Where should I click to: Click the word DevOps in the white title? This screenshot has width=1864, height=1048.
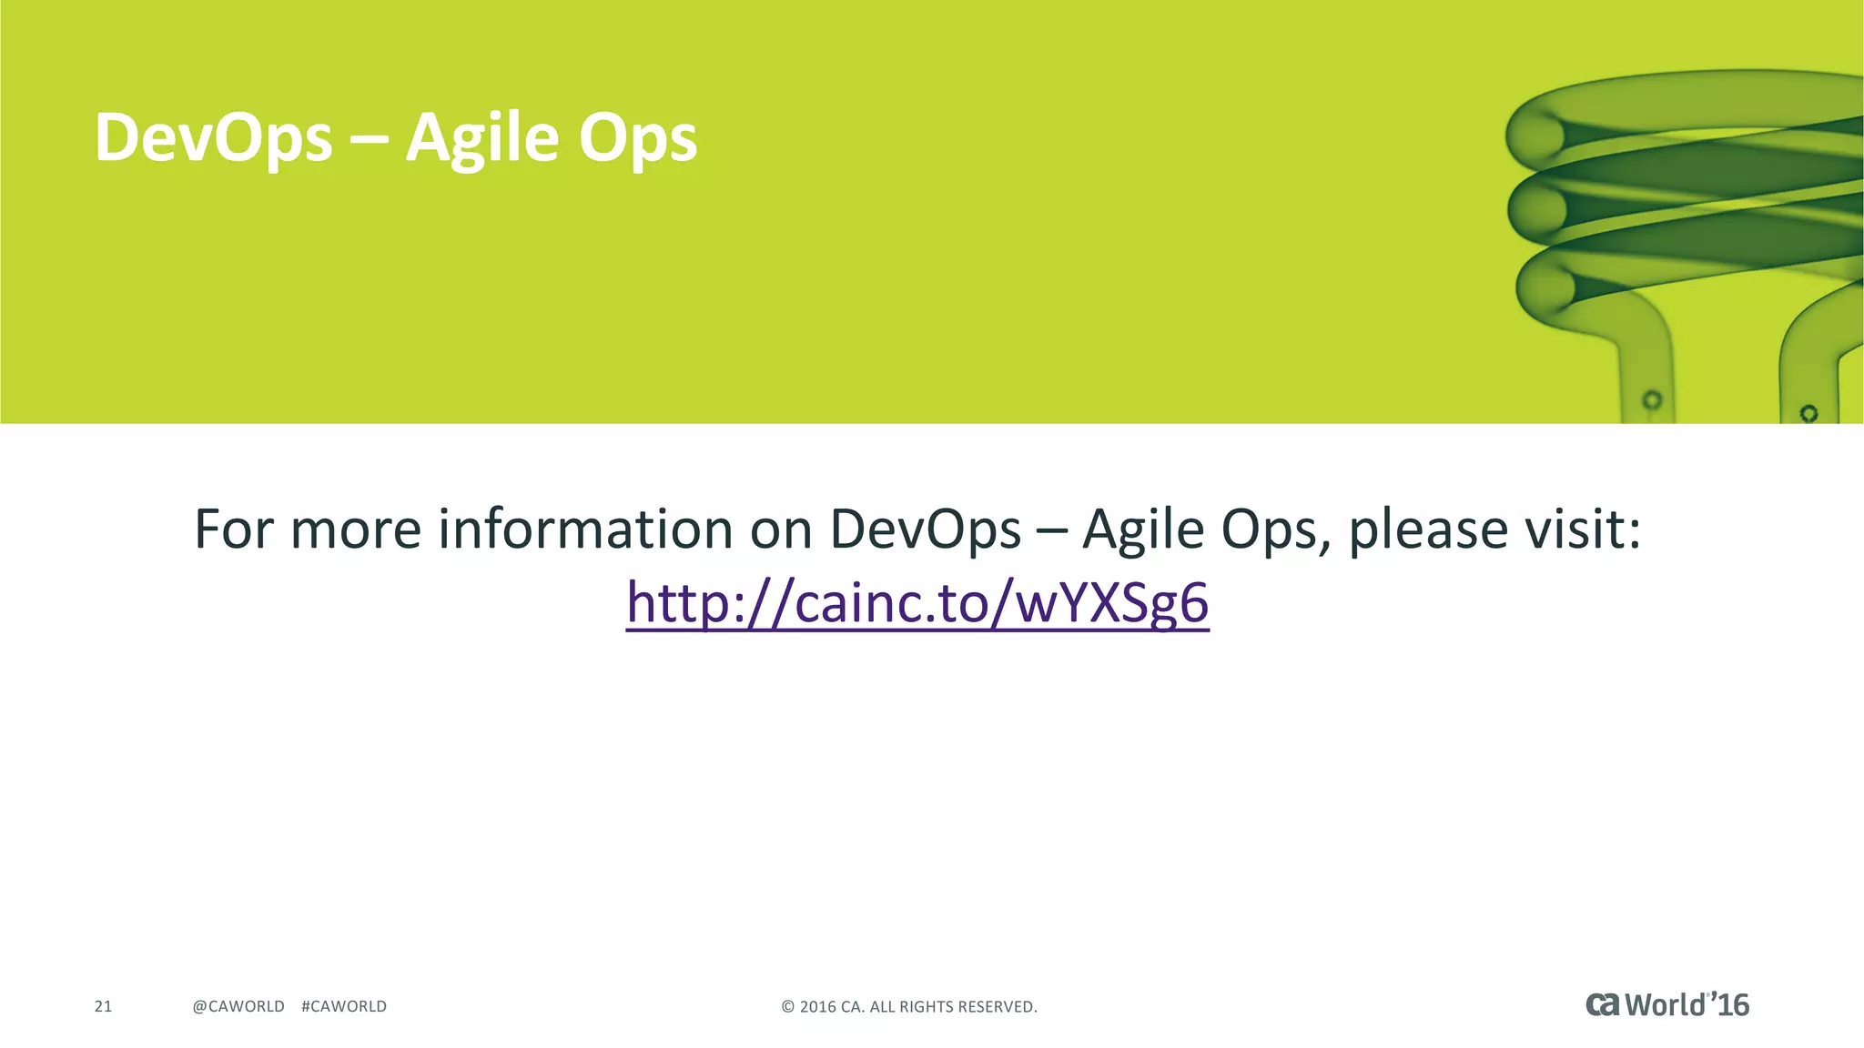(x=213, y=138)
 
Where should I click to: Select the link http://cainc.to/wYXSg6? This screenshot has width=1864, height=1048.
(x=917, y=603)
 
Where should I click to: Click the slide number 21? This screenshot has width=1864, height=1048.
(x=103, y=1006)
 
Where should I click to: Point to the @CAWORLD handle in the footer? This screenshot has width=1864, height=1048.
(x=238, y=1006)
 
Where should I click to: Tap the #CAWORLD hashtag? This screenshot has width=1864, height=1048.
(x=344, y=1006)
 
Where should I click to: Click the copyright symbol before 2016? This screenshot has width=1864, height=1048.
(x=788, y=1007)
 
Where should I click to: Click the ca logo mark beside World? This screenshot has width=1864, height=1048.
(x=1603, y=1004)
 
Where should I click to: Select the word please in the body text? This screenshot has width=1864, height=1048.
(x=1427, y=530)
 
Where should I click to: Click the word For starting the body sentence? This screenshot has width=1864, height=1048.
(x=233, y=529)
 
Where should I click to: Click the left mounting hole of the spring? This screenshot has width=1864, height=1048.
(x=1652, y=399)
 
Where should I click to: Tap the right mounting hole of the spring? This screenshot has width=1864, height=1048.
(x=1808, y=413)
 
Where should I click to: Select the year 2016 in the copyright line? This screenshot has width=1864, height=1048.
(x=817, y=1007)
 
